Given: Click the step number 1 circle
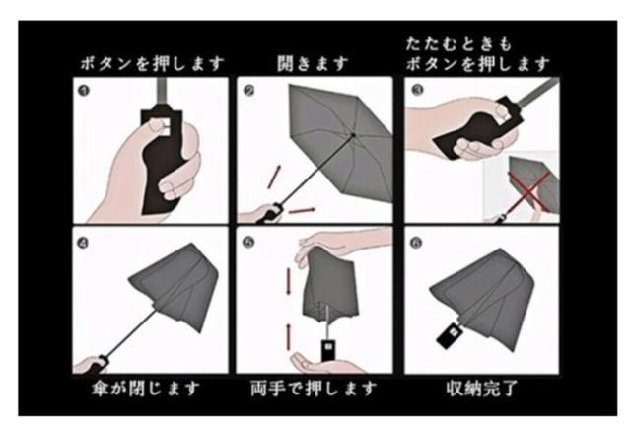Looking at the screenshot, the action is [84, 91].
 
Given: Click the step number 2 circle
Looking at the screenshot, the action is [249, 91].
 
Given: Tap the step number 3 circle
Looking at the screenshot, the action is [417, 90].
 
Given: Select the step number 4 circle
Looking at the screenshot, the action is [83, 243].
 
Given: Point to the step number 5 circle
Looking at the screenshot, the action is [249, 243].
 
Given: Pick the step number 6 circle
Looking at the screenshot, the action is [416, 243].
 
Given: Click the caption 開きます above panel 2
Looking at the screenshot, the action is [313, 63].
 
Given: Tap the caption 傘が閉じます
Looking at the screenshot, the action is [146, 389].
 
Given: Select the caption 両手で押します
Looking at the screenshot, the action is [314, 389].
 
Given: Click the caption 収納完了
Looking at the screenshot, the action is [482, 389].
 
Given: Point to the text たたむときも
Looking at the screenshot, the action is [458, 43].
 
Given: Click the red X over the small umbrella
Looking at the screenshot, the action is [529, 191].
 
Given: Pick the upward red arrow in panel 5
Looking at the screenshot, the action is [289, 336].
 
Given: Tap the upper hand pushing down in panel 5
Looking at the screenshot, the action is [342, 245].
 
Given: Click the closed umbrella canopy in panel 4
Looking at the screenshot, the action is [177, 287].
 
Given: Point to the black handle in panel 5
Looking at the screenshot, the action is [328, 350].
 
